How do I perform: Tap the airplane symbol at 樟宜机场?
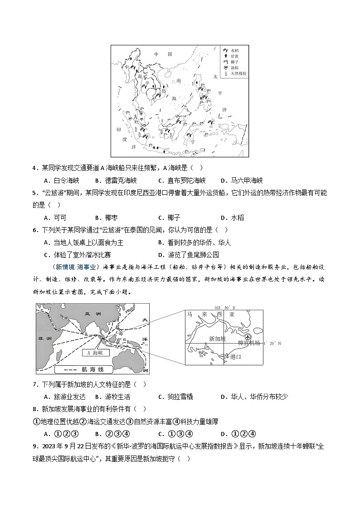point(247,337)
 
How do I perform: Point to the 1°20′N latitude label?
point(272,344)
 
